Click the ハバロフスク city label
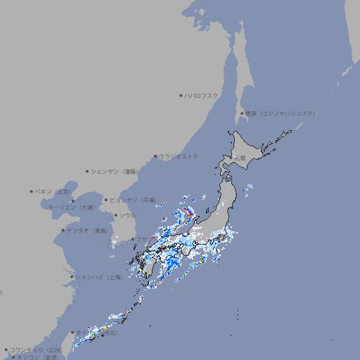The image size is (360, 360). [202, 95]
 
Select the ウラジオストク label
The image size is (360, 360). [179, 156]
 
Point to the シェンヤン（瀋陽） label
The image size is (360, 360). [117, 171]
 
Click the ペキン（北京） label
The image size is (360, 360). [53, 191]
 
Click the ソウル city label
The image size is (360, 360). [127, 215]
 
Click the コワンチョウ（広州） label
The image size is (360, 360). [36, 349]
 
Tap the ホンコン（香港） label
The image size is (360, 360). [38, 357]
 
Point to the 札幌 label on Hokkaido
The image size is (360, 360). [240, 159]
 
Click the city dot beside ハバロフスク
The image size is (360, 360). [181, 95]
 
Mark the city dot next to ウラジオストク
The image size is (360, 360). [155, 156]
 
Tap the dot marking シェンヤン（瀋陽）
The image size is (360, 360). [88, 171]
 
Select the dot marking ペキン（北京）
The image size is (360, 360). [32, 191]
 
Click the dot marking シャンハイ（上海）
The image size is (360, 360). [72, 277]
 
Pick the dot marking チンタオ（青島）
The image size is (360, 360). [63, 230]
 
